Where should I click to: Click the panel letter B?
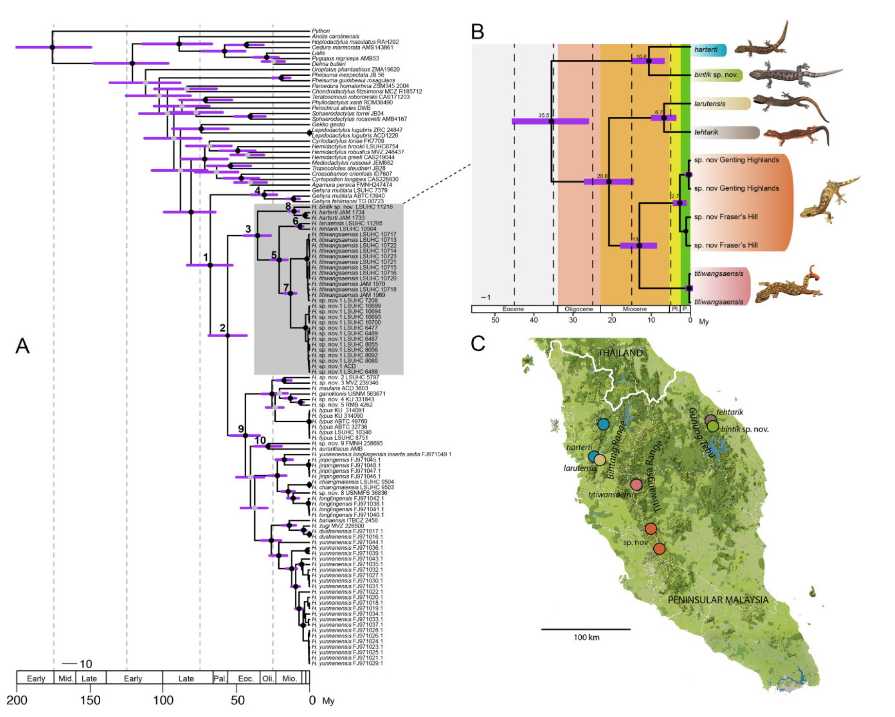coord(478,32)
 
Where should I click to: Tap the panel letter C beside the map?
coord(478,343)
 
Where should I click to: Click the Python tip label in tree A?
coord(321,31)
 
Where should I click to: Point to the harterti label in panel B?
coord(706,50)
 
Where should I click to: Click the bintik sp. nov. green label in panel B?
coord(716,75)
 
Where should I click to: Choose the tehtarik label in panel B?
coord(706,132)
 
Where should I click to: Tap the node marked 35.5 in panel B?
coord(551,121)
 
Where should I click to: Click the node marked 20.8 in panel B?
coord(609,182)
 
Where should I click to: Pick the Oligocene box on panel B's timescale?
coord(579,309)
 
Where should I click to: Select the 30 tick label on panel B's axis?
coord(573,320)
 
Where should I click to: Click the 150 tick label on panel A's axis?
coord(90,700)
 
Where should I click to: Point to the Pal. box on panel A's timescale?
coord(220,679)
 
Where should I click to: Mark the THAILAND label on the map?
coord(620,353)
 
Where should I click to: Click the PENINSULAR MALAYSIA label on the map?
coord(717,600)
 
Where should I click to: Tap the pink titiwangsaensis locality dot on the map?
coord(636,484)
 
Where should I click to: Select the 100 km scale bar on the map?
coord(586,629)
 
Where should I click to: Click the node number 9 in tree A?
coord(241,429)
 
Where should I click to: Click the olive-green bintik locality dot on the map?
coord(713,427)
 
